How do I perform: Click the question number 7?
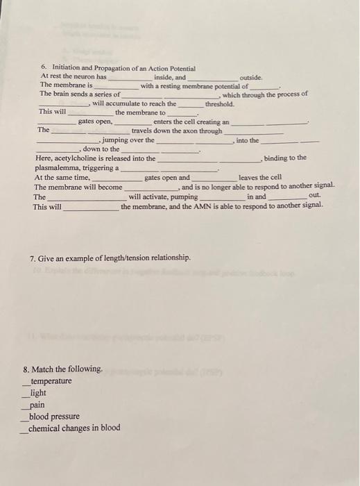click(33, 258)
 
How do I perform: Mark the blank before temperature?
click(26, 383)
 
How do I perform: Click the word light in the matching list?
click(38, 393)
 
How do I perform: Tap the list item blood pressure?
click(54, 417)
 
